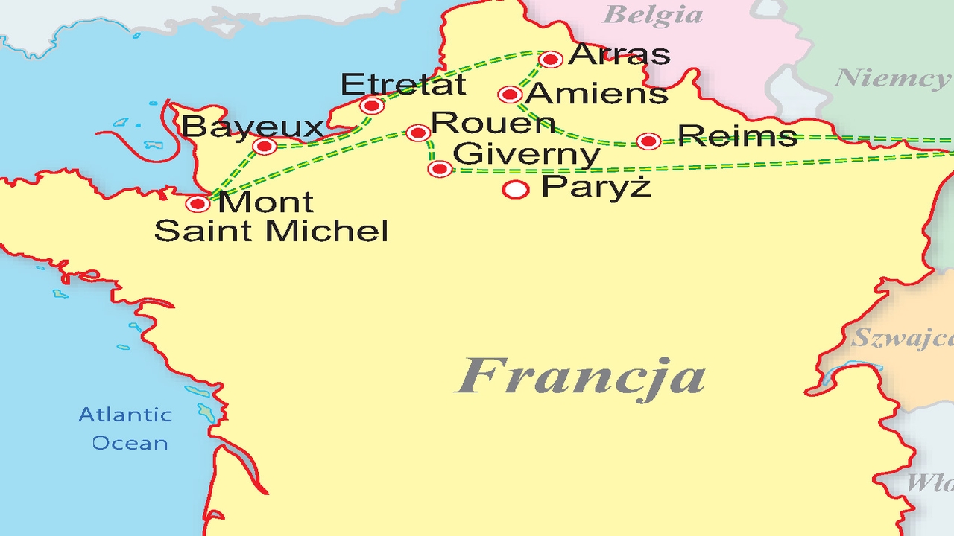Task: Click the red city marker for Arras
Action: (x=551, y=60)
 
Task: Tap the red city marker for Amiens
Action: (x=510, y=95)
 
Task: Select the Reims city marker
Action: (x=648, y=141)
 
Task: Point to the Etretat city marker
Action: (x=371, y=106)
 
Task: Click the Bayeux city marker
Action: (x=265, y=147)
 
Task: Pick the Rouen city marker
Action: (x=418, y=133)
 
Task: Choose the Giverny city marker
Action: (x=440, y=169)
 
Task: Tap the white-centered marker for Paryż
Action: (x=516, y=190)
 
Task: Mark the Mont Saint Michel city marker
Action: (x=198, y=203)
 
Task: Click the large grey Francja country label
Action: (x=581, y=376)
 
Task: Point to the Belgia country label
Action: (x=652, y=15)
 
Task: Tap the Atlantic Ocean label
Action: (x=125, y=429)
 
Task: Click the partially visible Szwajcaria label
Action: (x=903, y=339)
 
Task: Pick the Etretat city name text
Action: (x=403, y=85)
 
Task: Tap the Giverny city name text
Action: (x=526, y=155)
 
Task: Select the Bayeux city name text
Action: (x=253, y=127)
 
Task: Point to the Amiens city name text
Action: (x=596, y=94)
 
